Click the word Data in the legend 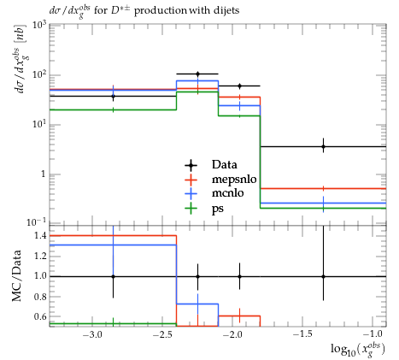click(x=224, y=164)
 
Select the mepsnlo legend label click(x=234, y=180)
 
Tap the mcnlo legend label click(x=227, y=193)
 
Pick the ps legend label click(x=218, y=209)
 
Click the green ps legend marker click(x=191, y=209)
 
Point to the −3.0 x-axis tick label click(x=92, y=334)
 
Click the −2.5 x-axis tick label click(x=162, y=334)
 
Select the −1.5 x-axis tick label click(x=302, y=334)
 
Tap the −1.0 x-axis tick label click(x=373, y=334)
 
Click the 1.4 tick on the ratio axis click(x=39, y=236)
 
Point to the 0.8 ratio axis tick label click(x=39, y=297)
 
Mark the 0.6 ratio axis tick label click(x=39, y=316)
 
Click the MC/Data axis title click(x=17, y=275)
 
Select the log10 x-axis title click(x=358, y=350)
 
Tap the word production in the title click(x=161, y=11)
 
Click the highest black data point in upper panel click(x=197, y=74)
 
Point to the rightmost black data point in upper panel click(x=323, y=147)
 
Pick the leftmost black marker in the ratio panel click(x=114, y=276)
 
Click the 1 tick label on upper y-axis click(x=43, y=174)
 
